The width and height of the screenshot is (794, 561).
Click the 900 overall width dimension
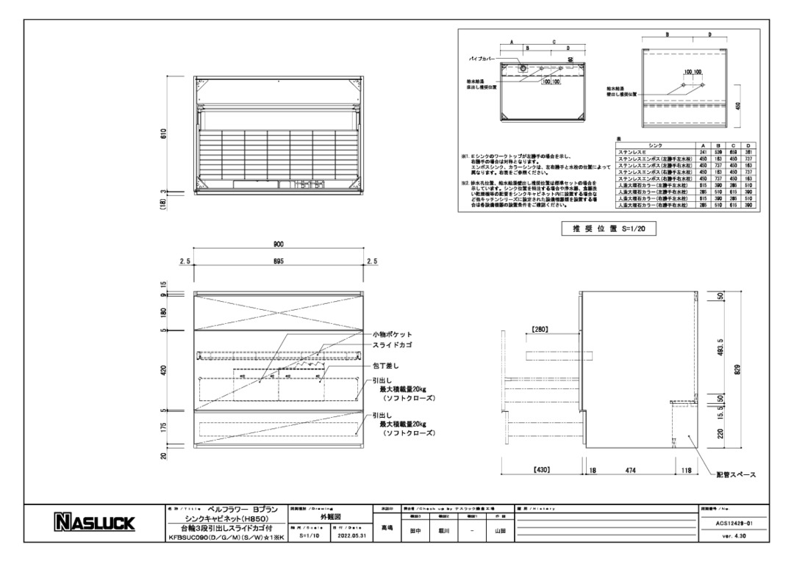click(x=279, y=245)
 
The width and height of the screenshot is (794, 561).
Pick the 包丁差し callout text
click(x=387, y=365)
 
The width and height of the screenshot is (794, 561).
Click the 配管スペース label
click(x=736, y=474)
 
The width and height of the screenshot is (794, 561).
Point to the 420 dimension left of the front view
click(x=164, y=370)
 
